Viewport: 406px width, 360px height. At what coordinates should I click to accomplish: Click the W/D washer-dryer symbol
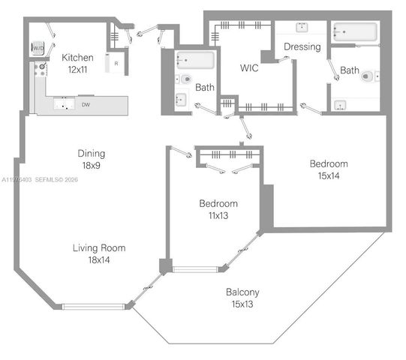click(x=38, y=48)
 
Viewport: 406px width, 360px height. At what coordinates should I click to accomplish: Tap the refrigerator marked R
click(x=116, y=64)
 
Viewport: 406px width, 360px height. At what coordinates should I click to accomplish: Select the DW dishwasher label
click(x=87, y=106)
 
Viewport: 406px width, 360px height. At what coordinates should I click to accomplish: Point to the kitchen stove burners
click(x=40, y=71)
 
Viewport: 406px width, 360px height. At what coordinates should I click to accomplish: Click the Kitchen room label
click(x=77, y=58)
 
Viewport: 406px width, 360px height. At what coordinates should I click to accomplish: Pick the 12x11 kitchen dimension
click(x=77, y=70)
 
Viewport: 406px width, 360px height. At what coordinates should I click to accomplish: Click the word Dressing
click(x=302, y=46)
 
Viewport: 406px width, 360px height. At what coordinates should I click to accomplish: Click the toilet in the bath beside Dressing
click(x=367, y=76)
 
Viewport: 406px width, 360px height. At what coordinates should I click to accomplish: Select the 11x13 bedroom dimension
click(x=218, y=216)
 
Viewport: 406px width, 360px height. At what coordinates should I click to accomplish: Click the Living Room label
click(x=99, y=248)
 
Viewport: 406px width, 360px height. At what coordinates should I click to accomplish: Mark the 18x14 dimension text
click(x=99, y=260)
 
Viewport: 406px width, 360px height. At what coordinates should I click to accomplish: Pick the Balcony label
click(x=243, y=292)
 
